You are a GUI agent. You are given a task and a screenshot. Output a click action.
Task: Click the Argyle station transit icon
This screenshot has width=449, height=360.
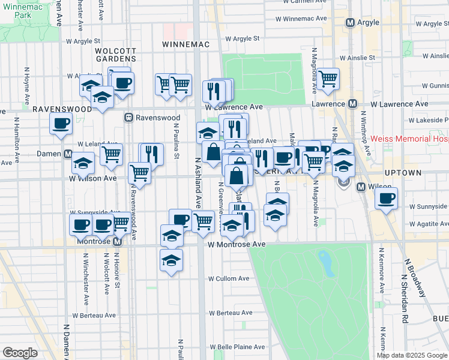click(351, 22)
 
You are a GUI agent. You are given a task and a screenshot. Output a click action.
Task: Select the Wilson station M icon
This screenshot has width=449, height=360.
click(361, 187)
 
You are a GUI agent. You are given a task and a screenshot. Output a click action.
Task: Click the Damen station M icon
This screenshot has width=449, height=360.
click(69, 154)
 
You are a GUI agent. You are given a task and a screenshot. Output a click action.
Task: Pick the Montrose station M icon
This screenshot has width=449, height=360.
click(118, 241)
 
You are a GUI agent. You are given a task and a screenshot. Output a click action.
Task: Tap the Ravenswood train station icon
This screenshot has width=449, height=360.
click(128, 118)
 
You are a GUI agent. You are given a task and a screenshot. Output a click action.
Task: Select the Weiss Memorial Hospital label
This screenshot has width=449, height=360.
click(409, 139)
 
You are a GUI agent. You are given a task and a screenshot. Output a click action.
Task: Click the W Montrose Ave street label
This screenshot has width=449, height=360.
click(237, 245)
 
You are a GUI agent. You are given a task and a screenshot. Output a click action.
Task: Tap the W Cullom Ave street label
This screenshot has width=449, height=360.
click(229, 279)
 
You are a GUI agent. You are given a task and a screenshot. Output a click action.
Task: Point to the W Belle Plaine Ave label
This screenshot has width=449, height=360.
click(237, 347)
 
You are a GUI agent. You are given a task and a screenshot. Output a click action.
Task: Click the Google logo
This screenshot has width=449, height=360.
click(20, 353)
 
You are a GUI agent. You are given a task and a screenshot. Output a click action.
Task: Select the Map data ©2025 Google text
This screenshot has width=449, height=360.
click(411, 355)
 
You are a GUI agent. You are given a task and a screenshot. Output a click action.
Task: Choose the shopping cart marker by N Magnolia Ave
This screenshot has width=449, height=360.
click(328, 79)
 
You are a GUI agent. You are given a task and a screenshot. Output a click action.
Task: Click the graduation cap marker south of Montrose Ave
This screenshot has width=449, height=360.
click(172, 260)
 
